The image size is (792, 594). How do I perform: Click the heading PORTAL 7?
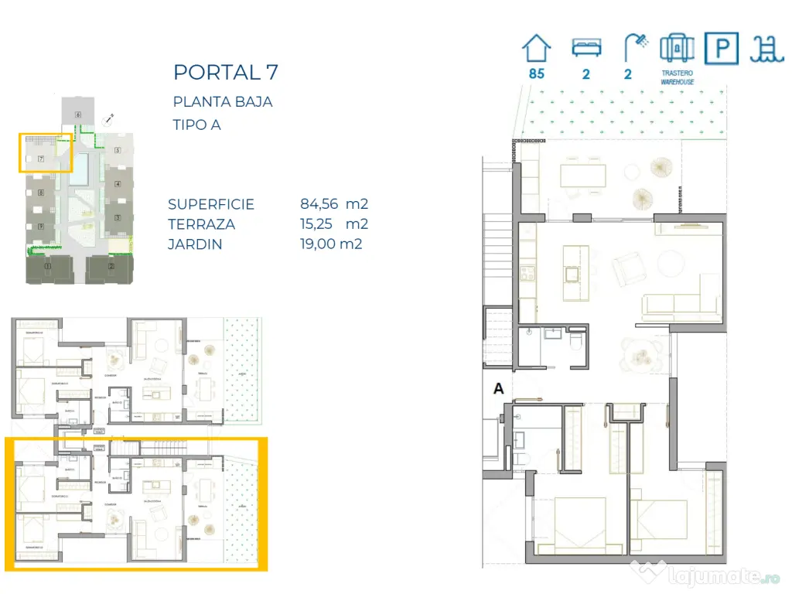226,73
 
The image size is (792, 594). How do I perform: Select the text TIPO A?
196,125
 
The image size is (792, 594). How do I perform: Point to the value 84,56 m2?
333,205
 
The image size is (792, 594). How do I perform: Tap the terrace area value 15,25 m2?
333,224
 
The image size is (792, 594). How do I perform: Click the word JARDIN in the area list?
195,244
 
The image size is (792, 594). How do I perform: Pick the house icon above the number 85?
536,48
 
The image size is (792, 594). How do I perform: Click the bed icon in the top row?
585,48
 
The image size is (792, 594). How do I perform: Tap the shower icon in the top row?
636,48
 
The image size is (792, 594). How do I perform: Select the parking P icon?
722,49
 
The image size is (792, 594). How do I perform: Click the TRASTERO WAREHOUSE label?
677,77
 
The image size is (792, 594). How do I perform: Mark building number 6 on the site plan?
78,114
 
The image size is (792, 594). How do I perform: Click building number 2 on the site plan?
110,268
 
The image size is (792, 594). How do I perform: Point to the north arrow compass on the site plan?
111,120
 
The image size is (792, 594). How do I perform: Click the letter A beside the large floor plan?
499,389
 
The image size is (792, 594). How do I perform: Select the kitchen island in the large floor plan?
575,272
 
